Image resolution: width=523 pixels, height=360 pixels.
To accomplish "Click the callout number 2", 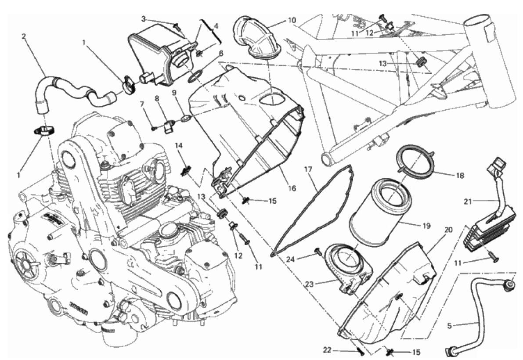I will coord(23,36).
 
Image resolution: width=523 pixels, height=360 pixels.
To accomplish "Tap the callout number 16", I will coord(292,188).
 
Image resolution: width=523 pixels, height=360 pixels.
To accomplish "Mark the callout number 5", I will coord(449,326).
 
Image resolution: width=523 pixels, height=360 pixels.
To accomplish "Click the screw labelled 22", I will coord(360,351).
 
